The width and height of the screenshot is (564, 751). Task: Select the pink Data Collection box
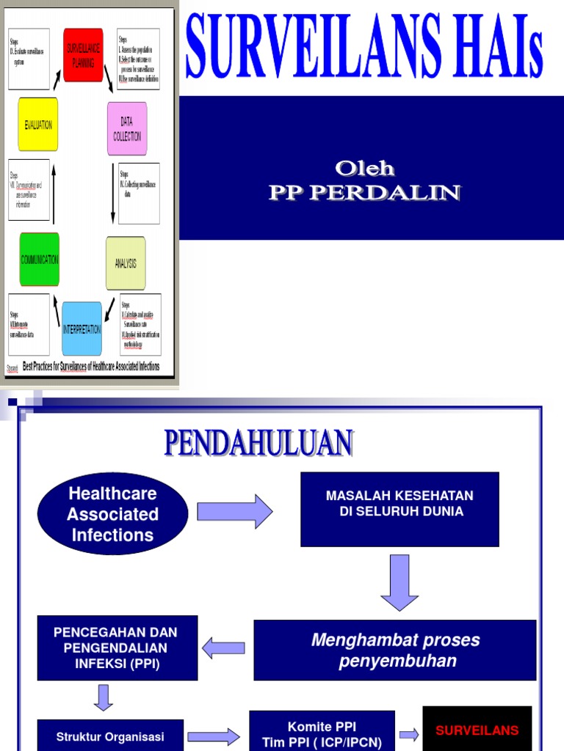(127, 129)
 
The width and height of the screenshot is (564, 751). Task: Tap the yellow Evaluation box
(38, 125)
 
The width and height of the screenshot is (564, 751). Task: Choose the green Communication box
(40, 260)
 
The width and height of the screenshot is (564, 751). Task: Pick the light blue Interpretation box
(82, 329)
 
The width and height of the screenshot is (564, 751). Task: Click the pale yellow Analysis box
(126, 263)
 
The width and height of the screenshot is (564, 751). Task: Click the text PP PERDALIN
(365, 193)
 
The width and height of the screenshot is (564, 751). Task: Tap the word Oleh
(365, 169)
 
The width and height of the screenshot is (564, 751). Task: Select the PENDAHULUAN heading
(258, 444)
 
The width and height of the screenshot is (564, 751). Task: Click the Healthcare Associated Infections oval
(113, 514)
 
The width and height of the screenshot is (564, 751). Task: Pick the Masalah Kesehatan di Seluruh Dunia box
(399, 509)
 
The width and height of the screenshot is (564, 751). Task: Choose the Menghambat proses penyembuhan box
(395, 651)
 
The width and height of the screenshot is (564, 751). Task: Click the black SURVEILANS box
(477, 729)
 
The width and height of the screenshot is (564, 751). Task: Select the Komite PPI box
(322, 733)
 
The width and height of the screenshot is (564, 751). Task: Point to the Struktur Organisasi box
(110, 736)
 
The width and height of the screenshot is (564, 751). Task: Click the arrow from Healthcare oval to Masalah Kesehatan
(235, 511)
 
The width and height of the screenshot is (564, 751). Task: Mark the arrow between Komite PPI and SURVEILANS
(409, 734)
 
